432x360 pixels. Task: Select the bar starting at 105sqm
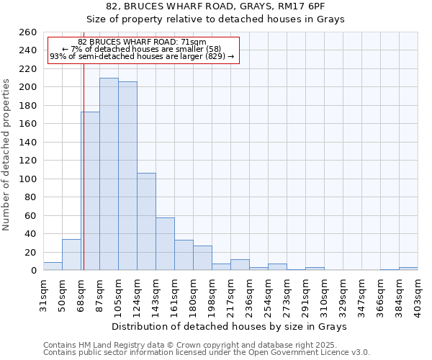[127, 176]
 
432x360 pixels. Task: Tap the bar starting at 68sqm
[91, 191]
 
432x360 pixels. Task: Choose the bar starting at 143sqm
[165, 244]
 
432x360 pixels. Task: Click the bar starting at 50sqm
[71, 255]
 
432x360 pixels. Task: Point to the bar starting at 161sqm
[184, 255]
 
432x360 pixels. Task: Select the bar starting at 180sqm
[202, 258]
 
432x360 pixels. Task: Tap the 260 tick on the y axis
[28, 32]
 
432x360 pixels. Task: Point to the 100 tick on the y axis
[28, 179]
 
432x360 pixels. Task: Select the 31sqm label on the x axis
[44, 294]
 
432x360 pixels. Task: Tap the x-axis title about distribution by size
[231, 326]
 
